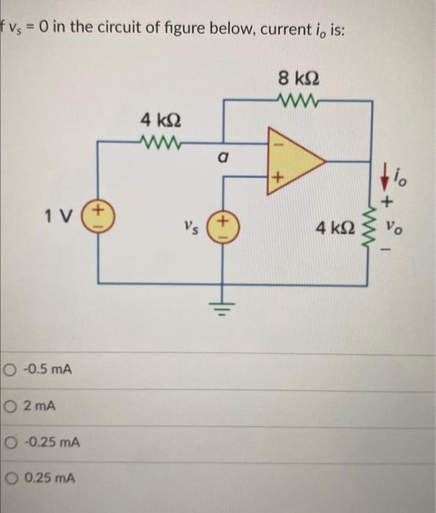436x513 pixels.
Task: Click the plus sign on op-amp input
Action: tap(277, 177)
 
